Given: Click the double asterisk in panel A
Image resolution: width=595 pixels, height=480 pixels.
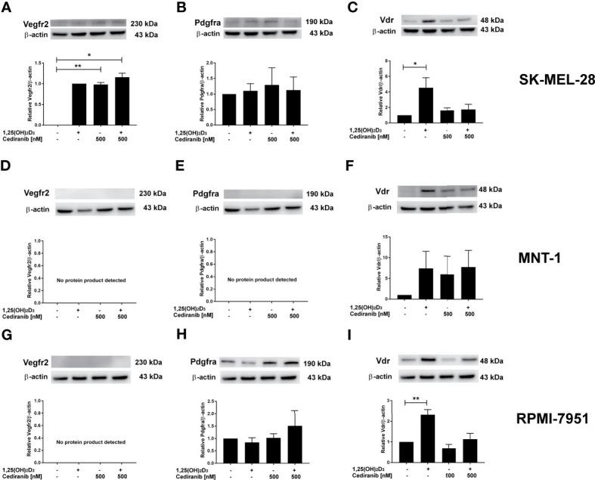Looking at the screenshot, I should [78, 67].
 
